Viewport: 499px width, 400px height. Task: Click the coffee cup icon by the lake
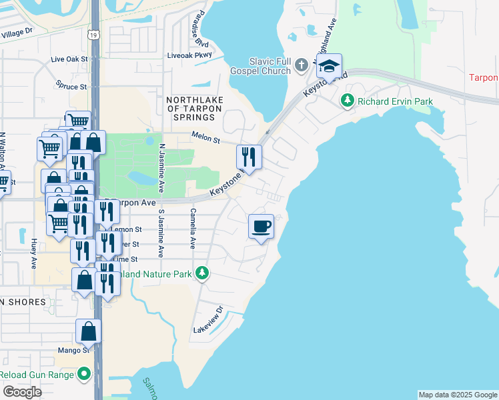[x=261, y=226]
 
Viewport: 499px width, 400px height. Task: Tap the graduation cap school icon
[x=329, y=65]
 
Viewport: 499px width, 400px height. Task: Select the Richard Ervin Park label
[x=394, y=101]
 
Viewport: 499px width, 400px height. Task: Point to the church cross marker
[x=301, y=65]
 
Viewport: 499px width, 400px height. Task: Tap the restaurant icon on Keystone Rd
[x=249, y=157]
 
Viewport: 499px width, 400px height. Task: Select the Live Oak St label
[x=69, y=59]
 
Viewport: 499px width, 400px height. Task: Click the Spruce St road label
[x=71, y=87]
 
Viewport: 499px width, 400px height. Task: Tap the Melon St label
[x=206, y=139]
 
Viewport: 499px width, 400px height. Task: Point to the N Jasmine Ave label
[x=161, y=163]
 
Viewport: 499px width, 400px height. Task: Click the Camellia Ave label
[x=192, y=229]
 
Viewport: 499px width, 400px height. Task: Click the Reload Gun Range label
[x=39, y=375]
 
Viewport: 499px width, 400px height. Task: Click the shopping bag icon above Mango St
[x=88, y=331]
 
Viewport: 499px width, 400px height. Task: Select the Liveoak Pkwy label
[x=189, y=55]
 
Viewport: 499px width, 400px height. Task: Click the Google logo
[x=23, y=392]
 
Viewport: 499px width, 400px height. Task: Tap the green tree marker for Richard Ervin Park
[x=347, y=101]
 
